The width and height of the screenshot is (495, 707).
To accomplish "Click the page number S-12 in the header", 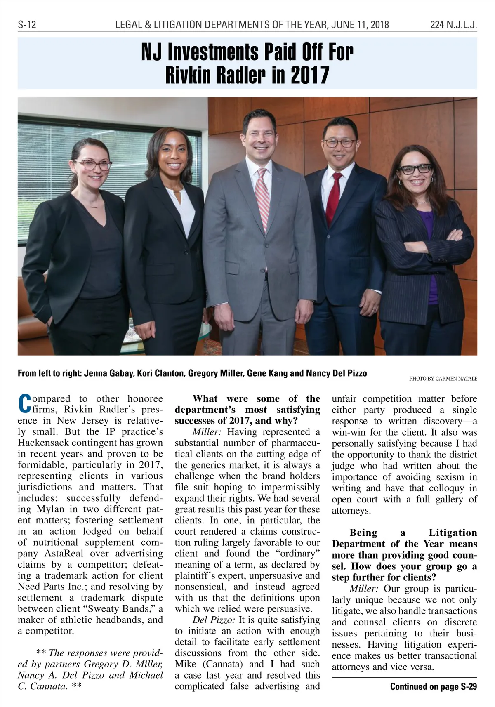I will point(27,25).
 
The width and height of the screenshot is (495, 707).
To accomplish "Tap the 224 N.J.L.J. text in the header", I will point(453,25).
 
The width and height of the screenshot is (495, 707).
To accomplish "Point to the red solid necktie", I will point(333,198).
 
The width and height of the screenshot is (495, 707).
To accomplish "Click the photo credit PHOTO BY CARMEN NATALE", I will point(443,379).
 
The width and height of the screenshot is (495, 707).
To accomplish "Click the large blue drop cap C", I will point(25,404).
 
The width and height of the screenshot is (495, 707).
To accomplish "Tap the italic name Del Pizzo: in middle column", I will point(214,620).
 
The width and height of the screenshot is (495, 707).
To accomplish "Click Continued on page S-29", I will point(433,686).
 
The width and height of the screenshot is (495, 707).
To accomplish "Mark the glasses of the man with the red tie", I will point(339,143).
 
